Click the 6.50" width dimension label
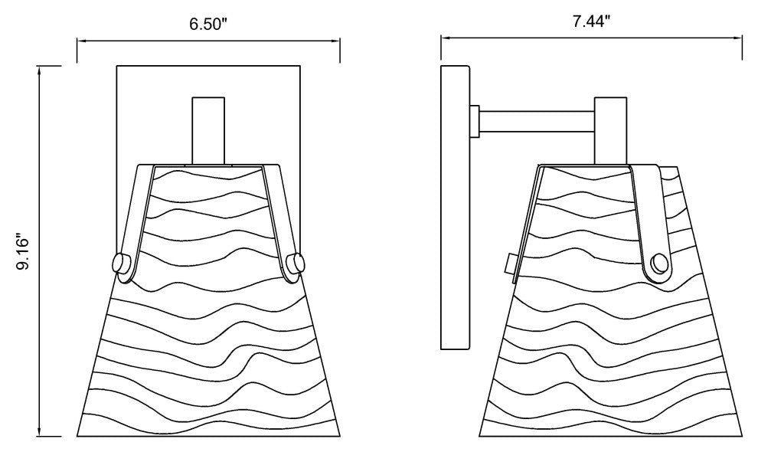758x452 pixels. pos(207,25)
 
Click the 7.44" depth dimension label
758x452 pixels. pos(592,21)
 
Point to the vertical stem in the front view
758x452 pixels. pos(208,131)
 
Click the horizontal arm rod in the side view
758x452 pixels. pos(537,122)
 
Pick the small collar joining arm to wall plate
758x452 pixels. pos(474,121)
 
